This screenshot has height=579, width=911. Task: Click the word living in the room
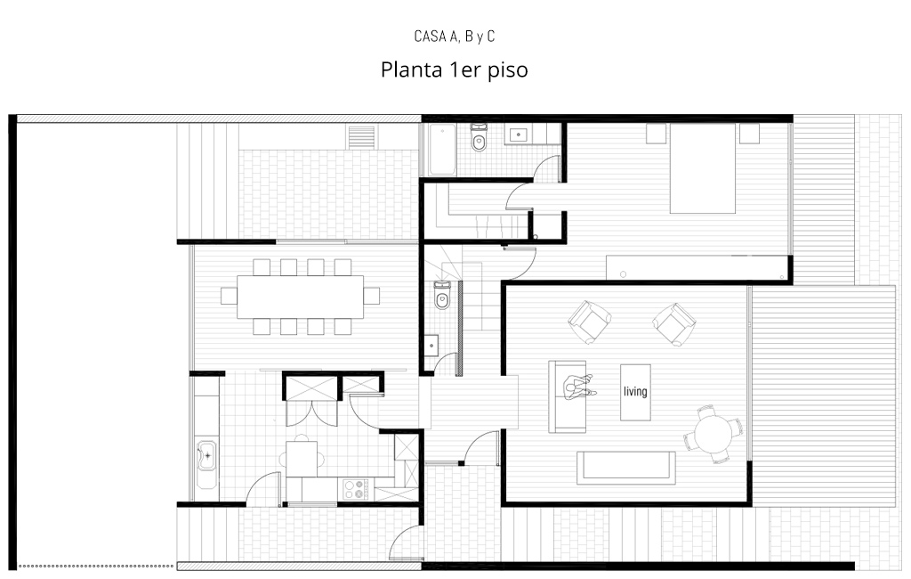coord(635,391)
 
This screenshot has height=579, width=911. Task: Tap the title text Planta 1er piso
coord(455,69)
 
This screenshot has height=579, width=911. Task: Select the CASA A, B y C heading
coord(455,37)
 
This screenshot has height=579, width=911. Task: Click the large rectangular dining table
coord(301,297)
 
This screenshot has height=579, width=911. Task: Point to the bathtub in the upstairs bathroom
coord(442,149)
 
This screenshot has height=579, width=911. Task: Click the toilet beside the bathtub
coord(479,138)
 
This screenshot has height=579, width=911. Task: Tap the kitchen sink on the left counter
coord(206,456)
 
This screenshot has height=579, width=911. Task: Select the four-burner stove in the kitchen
coord(356,488)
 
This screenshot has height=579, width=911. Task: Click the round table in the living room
coord(713,434)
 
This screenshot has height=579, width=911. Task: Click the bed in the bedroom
coord(703,168)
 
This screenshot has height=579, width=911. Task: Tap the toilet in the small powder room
coord(442,294)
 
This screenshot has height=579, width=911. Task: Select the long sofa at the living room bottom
coord(626,468)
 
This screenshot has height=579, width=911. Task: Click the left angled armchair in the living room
coord(589,322)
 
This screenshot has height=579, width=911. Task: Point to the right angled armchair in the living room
coord(674,323)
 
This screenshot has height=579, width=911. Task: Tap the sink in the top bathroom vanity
coord(518,135)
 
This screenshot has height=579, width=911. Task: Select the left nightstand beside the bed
coord(657,134)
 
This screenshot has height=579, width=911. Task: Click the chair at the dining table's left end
coord(229,297)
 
